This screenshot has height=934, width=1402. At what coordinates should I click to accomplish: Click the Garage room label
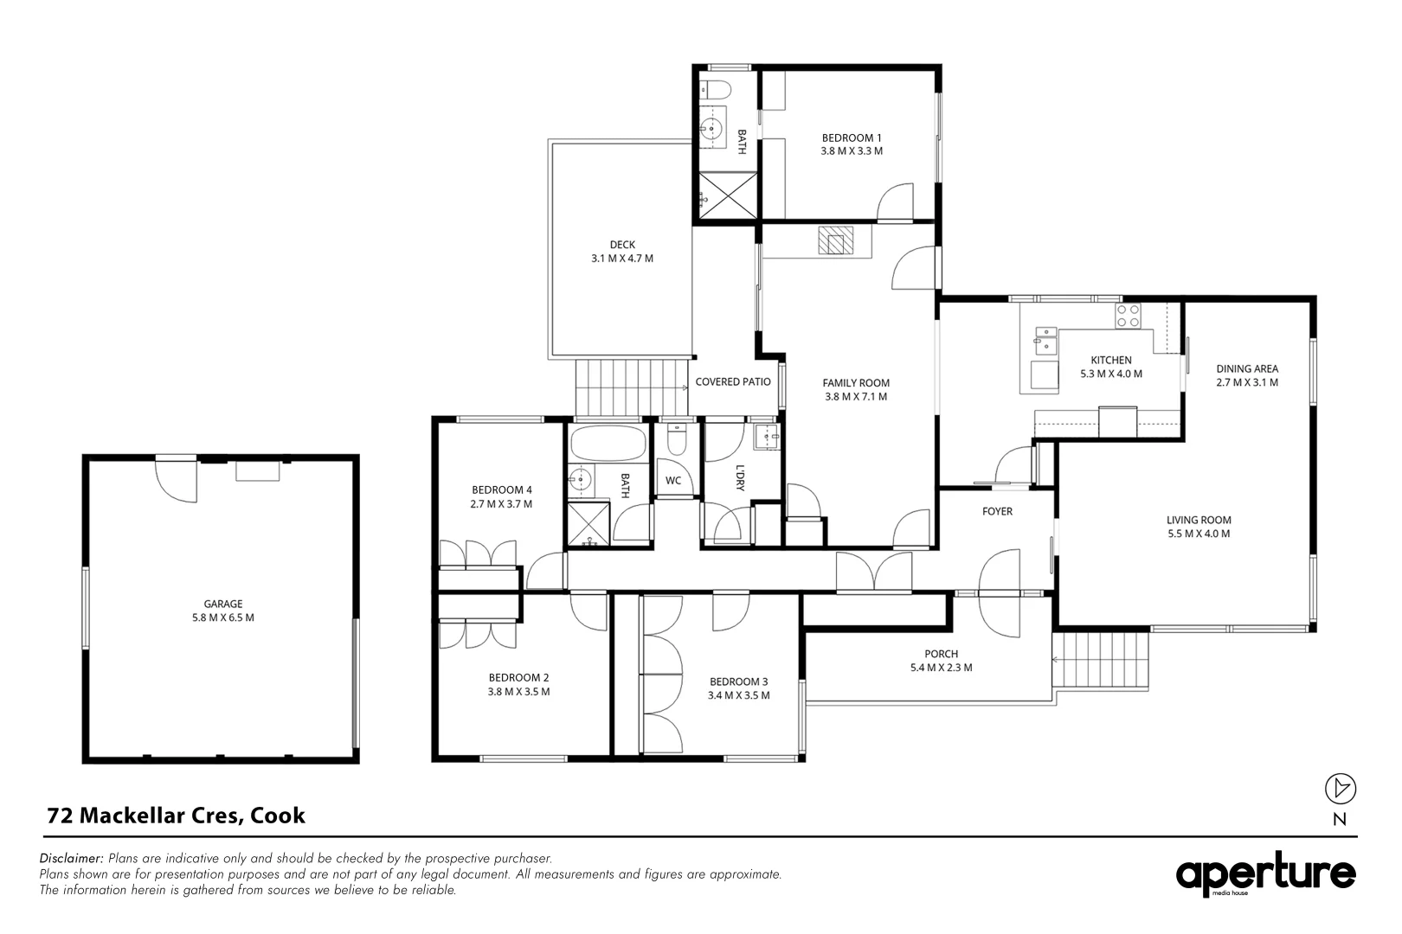coord(222,604)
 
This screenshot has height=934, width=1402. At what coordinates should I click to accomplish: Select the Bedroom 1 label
coord(852,138)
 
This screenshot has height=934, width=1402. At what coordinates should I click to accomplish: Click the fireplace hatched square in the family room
coord(835,240)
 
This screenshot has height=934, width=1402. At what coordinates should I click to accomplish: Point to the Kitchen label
coord(1110,360)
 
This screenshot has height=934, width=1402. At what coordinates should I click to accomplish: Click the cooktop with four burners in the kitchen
coord(1128,316)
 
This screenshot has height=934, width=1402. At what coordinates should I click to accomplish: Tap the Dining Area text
coord(1246,368)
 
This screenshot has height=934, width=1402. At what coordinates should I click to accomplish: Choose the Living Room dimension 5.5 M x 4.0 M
coord(1199,534)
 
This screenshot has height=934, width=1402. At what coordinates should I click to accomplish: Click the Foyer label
coord(997,511)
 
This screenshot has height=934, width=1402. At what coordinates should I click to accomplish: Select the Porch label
coord(941,654)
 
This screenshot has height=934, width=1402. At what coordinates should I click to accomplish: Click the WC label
coord(673,481)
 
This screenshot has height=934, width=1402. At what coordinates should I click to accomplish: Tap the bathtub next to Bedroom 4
coord(608,444)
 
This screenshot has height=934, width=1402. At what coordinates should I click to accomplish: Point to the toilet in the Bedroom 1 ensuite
coord(715,88)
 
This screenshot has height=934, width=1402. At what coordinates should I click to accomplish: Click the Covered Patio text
coord(733,381)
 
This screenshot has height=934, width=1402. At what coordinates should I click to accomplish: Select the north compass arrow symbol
coord(1341,788)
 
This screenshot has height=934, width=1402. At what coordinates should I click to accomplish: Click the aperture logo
coord(1265,875)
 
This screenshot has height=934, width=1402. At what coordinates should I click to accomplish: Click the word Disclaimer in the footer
coord(72,859)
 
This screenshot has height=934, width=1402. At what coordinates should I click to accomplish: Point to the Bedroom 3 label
coord(738,681)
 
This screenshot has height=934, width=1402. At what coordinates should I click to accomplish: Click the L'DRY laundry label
coord(740,478)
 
